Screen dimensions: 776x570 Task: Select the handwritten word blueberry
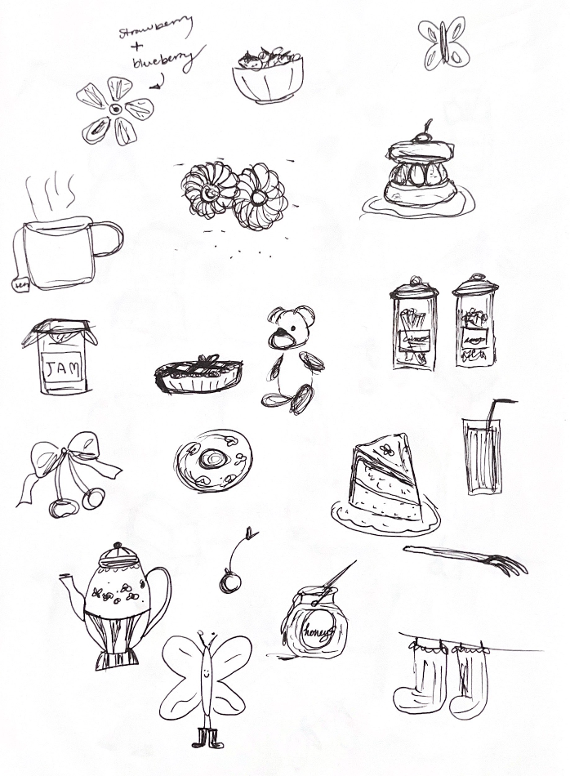(168, 59)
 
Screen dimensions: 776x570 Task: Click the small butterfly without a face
(443, 42)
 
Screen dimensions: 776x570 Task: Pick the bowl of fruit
(266, 76)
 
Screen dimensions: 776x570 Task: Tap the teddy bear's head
(292, 327)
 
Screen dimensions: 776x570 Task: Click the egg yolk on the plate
(215, 460)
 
